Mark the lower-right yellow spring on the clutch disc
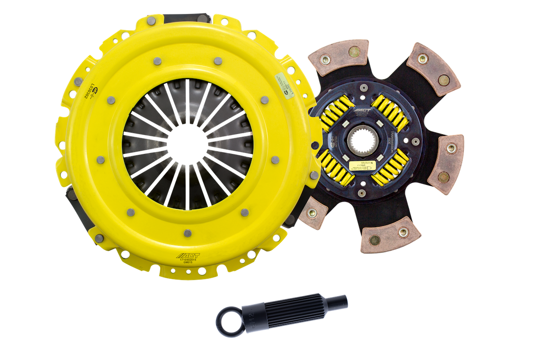coord(390,169)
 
